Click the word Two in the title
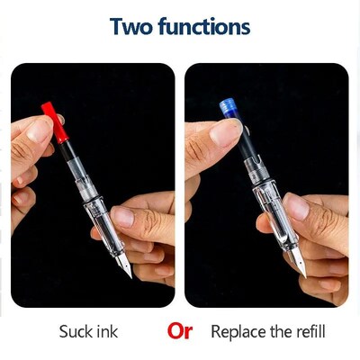pos(132,26)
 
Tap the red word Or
pos(180,330)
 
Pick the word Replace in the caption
pos(236,332)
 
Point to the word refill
pos(308,332)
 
